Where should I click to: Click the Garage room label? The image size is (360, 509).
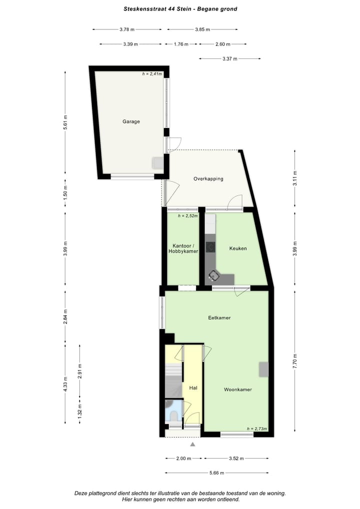[x=131, y=121]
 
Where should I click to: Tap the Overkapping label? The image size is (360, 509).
[x=208, y=178]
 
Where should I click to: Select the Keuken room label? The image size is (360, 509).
[x=237, y=248]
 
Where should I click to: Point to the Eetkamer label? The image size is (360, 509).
[x=219, y=317]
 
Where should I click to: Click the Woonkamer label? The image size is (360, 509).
[x=237, y=389]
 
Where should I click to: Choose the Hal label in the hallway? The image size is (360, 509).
[x=193, y=387]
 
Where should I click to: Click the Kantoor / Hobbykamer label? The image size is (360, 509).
[x=183, y=248]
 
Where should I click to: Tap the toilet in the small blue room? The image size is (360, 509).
[x=172, y=415]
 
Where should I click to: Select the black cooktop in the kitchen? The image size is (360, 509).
[x=210, y=246]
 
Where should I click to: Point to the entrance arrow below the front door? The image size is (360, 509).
[x=193, y=443]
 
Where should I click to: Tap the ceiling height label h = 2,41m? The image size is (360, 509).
[x=152, y=74]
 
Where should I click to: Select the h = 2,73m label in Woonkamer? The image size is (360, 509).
[x=257, y=428]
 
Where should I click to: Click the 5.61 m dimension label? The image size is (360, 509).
[x=65, y=123]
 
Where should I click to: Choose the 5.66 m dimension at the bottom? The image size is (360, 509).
[x=217, y=472]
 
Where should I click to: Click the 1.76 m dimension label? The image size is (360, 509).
[x=180, y=44]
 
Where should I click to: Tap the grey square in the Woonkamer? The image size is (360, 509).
[x=263, y=369]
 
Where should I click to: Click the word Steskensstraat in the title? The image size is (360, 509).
[x=142, y=8]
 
